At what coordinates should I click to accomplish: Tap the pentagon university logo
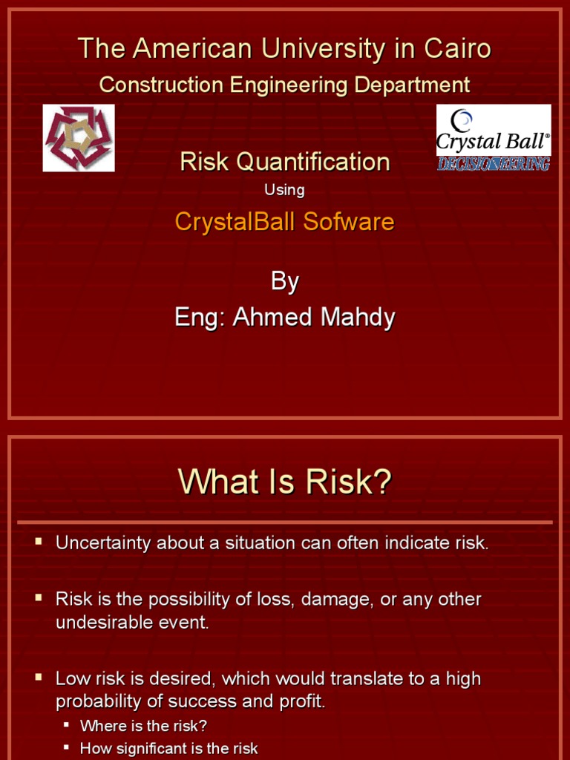(79, 138)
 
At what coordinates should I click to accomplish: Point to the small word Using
(284, 190)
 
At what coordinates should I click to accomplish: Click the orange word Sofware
(350, 221)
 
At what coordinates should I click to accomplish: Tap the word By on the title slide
(285, 281)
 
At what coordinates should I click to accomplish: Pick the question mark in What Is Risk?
(382, 483)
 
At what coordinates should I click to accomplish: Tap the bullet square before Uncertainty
(39, 542)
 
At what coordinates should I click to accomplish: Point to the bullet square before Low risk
(39, 678)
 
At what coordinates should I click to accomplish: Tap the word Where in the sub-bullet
(101, 725)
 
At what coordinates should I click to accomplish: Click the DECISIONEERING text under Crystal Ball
(493, 163)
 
